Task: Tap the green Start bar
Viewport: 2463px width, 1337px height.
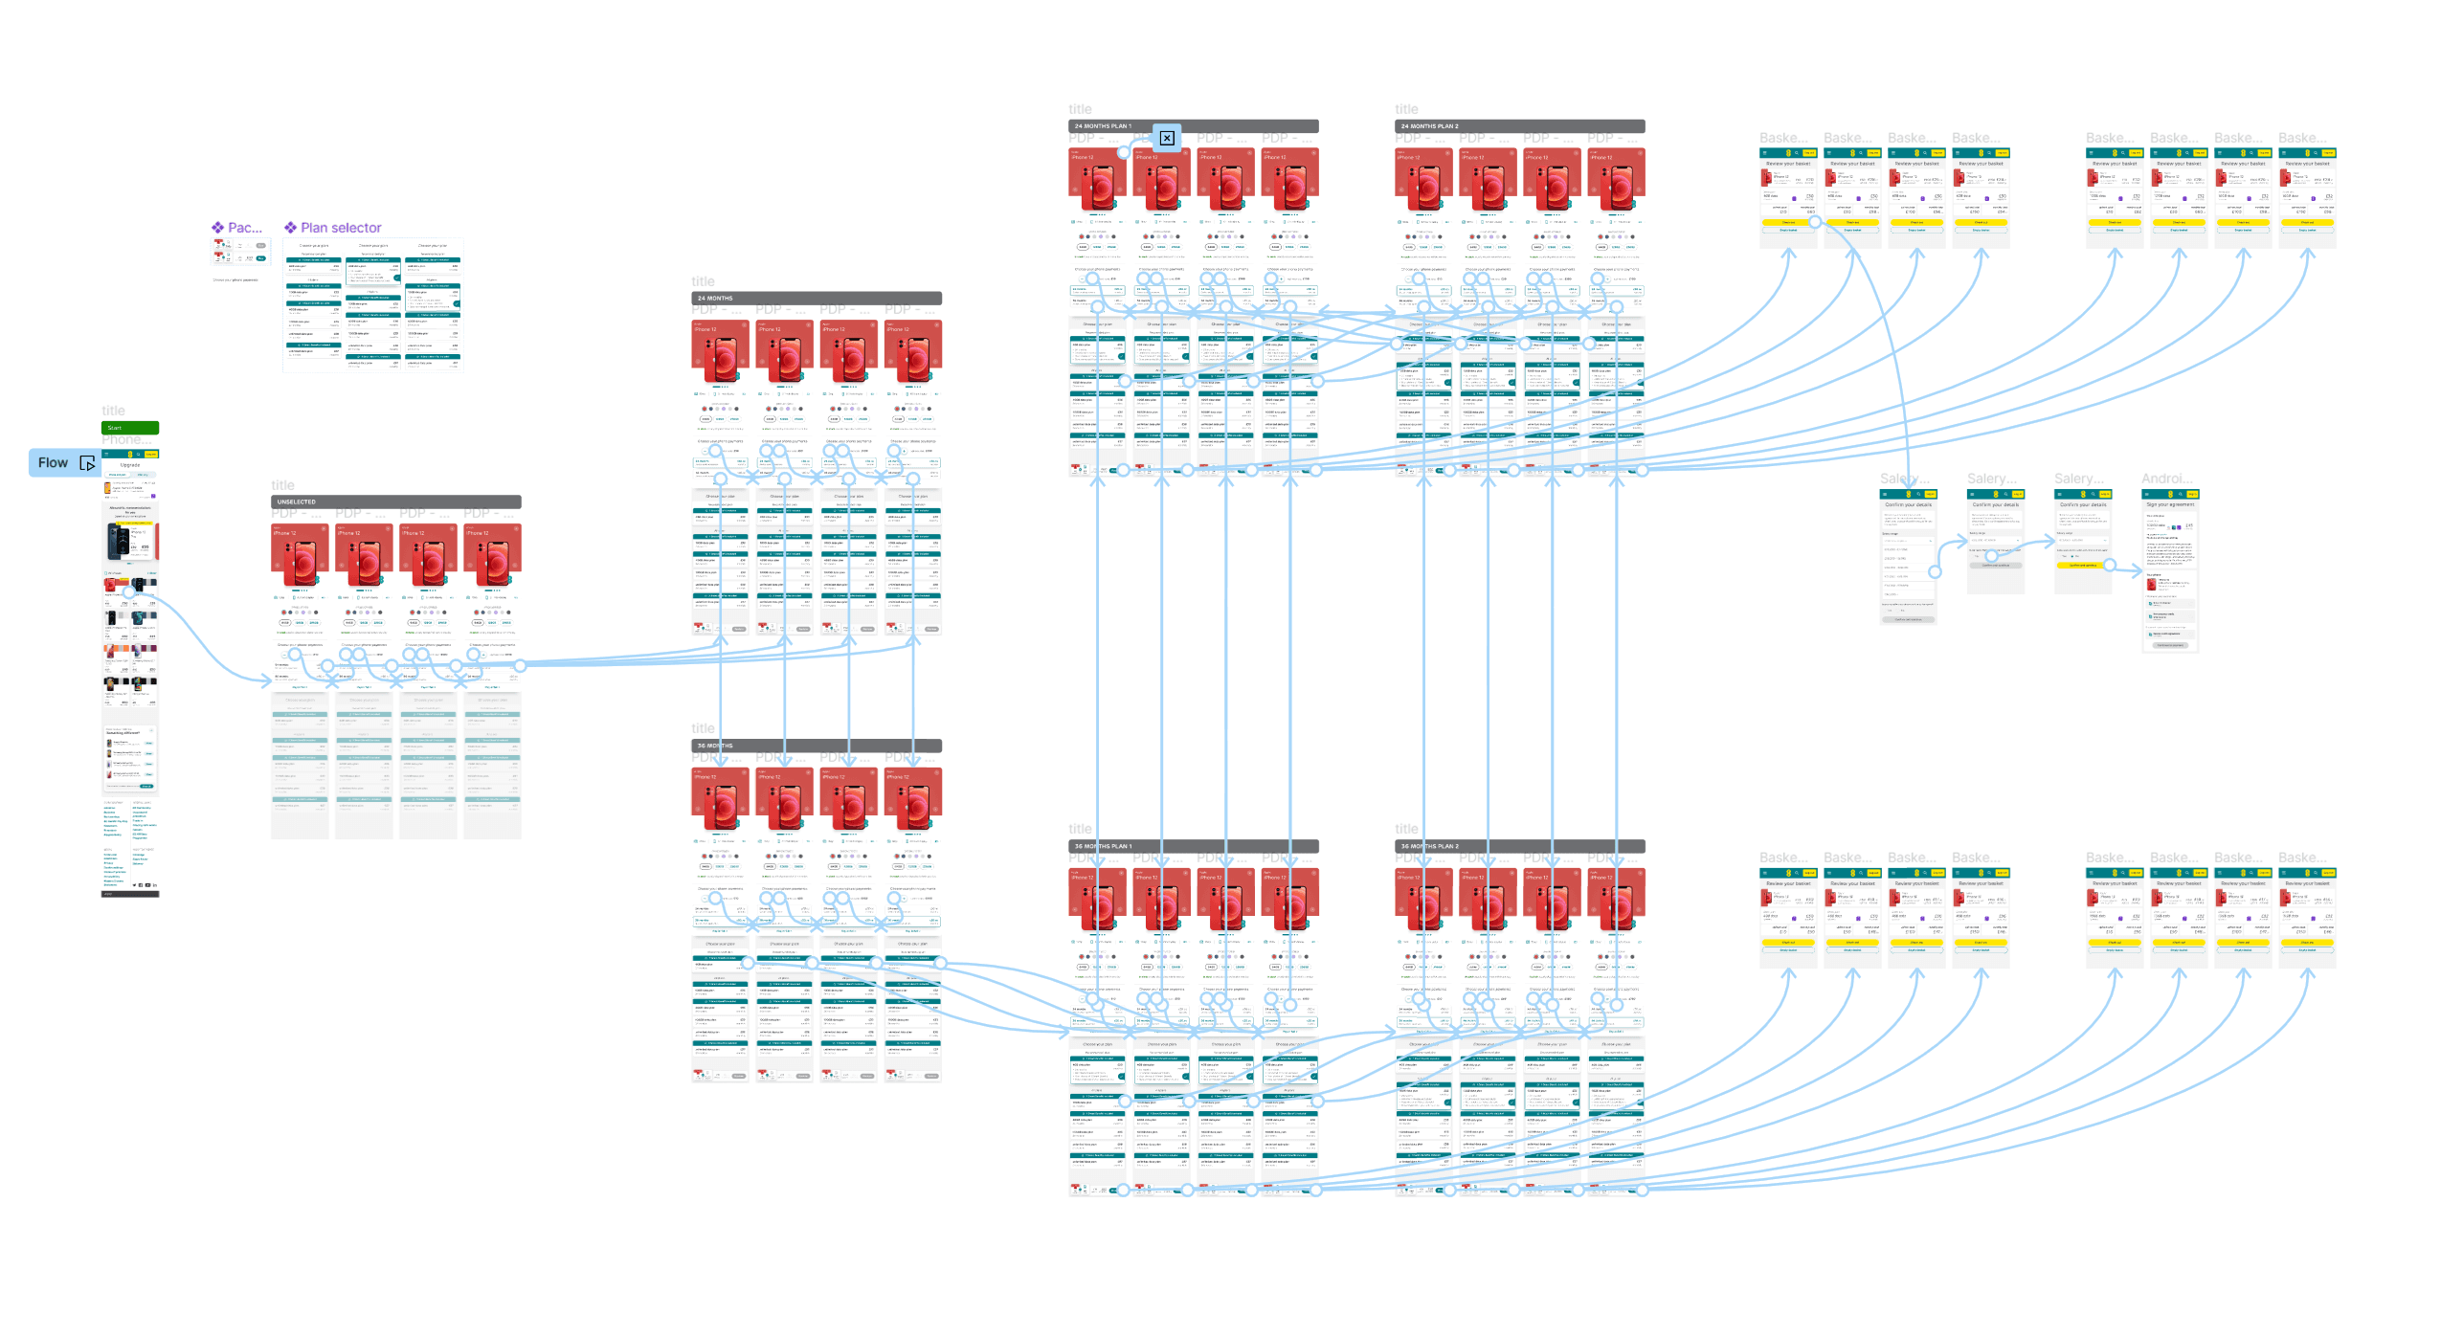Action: pos(130,428)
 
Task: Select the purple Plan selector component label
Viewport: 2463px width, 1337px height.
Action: pos(341,228)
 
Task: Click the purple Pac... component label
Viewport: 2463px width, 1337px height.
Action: pos(244,228)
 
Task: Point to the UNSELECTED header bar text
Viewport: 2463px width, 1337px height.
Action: pos(297,501)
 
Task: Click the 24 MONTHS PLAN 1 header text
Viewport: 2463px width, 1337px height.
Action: pos(1103,126)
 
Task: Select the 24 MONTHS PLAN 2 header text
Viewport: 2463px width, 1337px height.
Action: pos(1430,126)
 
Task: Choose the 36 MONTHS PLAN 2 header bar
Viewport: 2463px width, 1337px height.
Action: pos(1520,846)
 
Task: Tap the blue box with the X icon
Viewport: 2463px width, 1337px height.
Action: pos(1167,138)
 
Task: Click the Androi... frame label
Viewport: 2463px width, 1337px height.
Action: pos(2167,479)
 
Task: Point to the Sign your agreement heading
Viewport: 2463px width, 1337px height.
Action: pos(2170,504)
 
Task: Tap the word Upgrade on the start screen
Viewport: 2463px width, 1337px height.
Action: pos(130,465)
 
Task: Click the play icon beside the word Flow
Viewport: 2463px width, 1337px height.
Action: pos(87,463)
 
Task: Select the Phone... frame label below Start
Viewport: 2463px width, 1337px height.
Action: pos(123,440)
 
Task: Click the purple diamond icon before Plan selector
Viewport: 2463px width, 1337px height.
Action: pos(290,228)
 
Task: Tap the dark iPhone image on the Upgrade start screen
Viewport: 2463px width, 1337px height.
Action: pos(117,541)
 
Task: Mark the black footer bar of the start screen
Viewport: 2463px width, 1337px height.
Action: pos(130,894)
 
